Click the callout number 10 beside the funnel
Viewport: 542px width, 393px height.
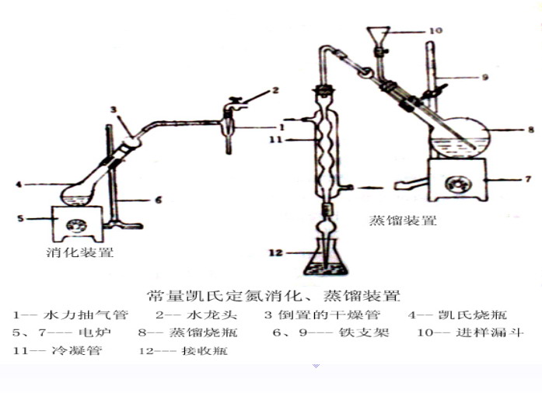[436, 31]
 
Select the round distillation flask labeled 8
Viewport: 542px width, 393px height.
[460, 138]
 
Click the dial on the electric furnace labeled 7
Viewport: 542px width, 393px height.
[458, 184]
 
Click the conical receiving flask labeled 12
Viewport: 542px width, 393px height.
[325, 262]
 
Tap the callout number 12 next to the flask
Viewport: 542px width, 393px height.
[275, 252]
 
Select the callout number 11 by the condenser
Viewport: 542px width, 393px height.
[276, 140]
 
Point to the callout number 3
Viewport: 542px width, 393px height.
[114, 110]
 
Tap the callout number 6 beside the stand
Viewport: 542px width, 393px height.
[159, 200]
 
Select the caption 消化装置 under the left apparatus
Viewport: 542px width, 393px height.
[80, 252]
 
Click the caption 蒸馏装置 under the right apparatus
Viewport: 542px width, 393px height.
[403, 220]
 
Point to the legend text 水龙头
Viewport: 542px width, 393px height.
[212, 315]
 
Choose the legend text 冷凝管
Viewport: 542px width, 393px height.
[77, 350]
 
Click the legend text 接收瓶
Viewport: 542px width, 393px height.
[205, 351]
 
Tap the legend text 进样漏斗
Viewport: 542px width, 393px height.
[489, 332]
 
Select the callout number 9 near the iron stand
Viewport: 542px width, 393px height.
[485, 77]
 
